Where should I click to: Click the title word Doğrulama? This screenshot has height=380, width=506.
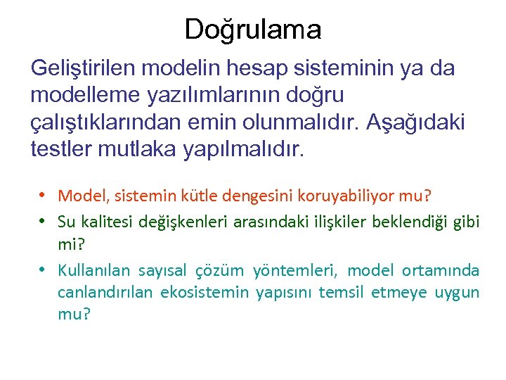tap(253, 30)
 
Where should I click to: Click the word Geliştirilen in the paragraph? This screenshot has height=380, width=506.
tap(85, 68)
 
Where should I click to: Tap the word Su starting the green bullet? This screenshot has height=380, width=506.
tap(67, 222)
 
